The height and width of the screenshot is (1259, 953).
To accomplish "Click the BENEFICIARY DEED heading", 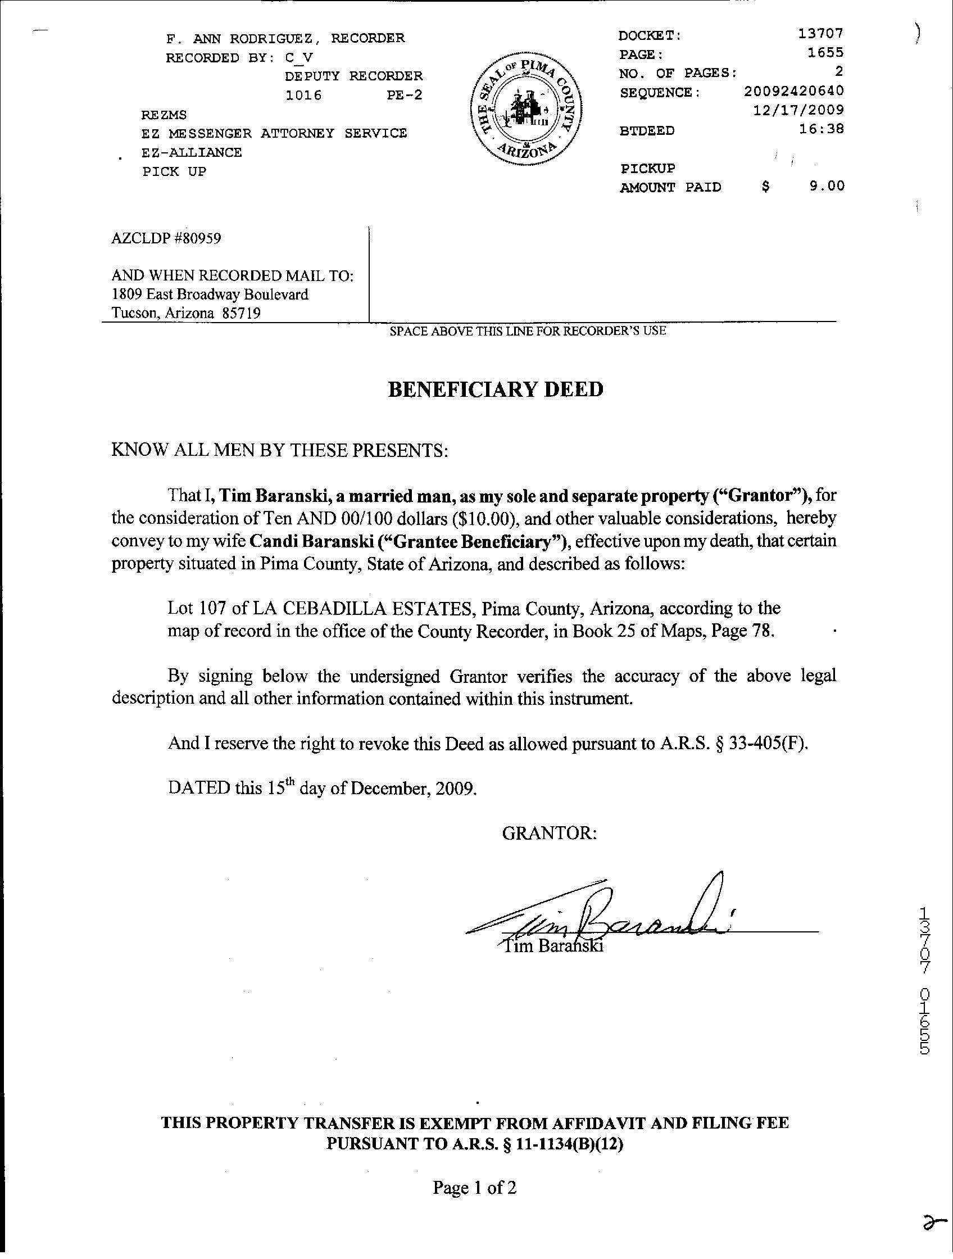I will click(495, 390).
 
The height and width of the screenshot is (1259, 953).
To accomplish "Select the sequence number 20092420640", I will click(793, 91).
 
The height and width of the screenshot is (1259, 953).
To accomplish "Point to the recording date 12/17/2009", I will click(798, 110).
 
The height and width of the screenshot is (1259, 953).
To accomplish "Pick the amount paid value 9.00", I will click(827, 186).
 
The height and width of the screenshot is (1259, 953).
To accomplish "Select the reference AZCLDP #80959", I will click(166, 238).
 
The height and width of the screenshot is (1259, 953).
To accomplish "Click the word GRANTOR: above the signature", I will click(549, 834).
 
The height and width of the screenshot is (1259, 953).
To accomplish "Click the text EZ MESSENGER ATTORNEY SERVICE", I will click(274, 134).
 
